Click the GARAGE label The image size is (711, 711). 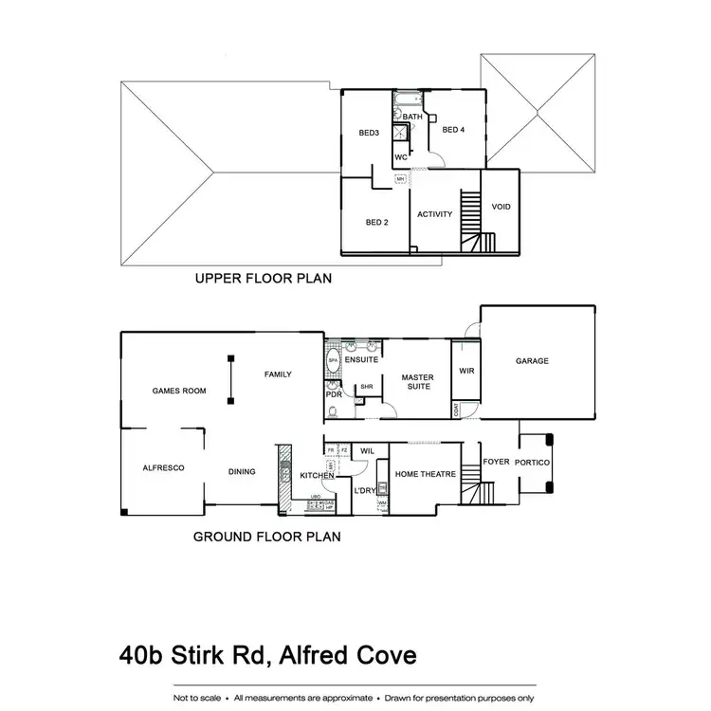point(532,361)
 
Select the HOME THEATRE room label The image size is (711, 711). point(426,474)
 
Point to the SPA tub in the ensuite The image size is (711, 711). point(333,362)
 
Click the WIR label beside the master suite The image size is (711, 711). point(465,372)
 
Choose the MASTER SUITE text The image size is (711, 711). point(417,382)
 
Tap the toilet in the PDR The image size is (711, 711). point(333,410)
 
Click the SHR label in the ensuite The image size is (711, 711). point(365,387)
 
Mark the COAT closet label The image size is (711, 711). point(456,410)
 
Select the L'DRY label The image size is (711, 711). point(365,490)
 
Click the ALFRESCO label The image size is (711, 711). point(163,468)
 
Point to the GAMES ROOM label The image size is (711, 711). point(179,391)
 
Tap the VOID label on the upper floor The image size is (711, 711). point(501,207)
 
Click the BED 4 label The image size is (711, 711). point(453,130)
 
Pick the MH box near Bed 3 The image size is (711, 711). point(401,178)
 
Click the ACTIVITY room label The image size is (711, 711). point(435,214)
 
